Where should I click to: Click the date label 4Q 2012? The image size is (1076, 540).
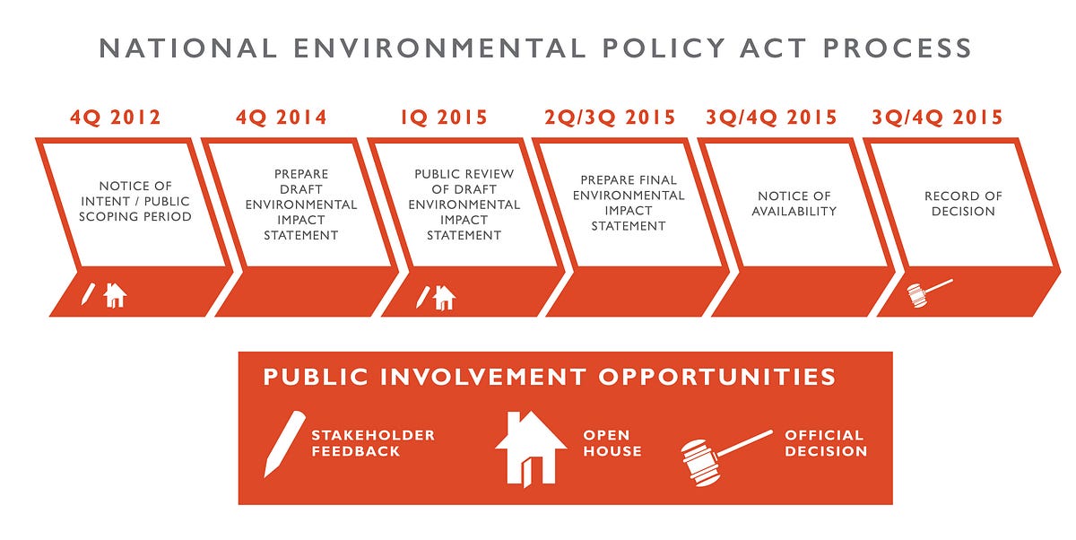click(x=115, y=118)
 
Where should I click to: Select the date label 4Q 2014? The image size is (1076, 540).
click(x=282, y=118)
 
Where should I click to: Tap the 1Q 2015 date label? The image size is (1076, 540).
click(x=444, y=118)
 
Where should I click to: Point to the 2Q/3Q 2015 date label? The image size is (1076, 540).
click(x=610, y=118)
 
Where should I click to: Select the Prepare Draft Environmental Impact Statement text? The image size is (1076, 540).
click(x=301, y=205)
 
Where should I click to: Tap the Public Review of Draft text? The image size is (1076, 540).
click(x=464, y=205)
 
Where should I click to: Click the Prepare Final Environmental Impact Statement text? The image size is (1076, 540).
click(x=629, y=204)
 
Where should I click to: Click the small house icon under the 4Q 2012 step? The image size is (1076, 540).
click(x=115, y=294)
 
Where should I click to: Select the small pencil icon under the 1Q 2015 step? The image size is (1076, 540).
click(x=421, y=296)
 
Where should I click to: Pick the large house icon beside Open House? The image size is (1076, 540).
click(x=531, y=447)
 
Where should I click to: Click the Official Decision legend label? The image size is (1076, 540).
click(x=826, y=443)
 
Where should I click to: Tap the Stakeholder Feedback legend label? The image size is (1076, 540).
click(x=373, y=443)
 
